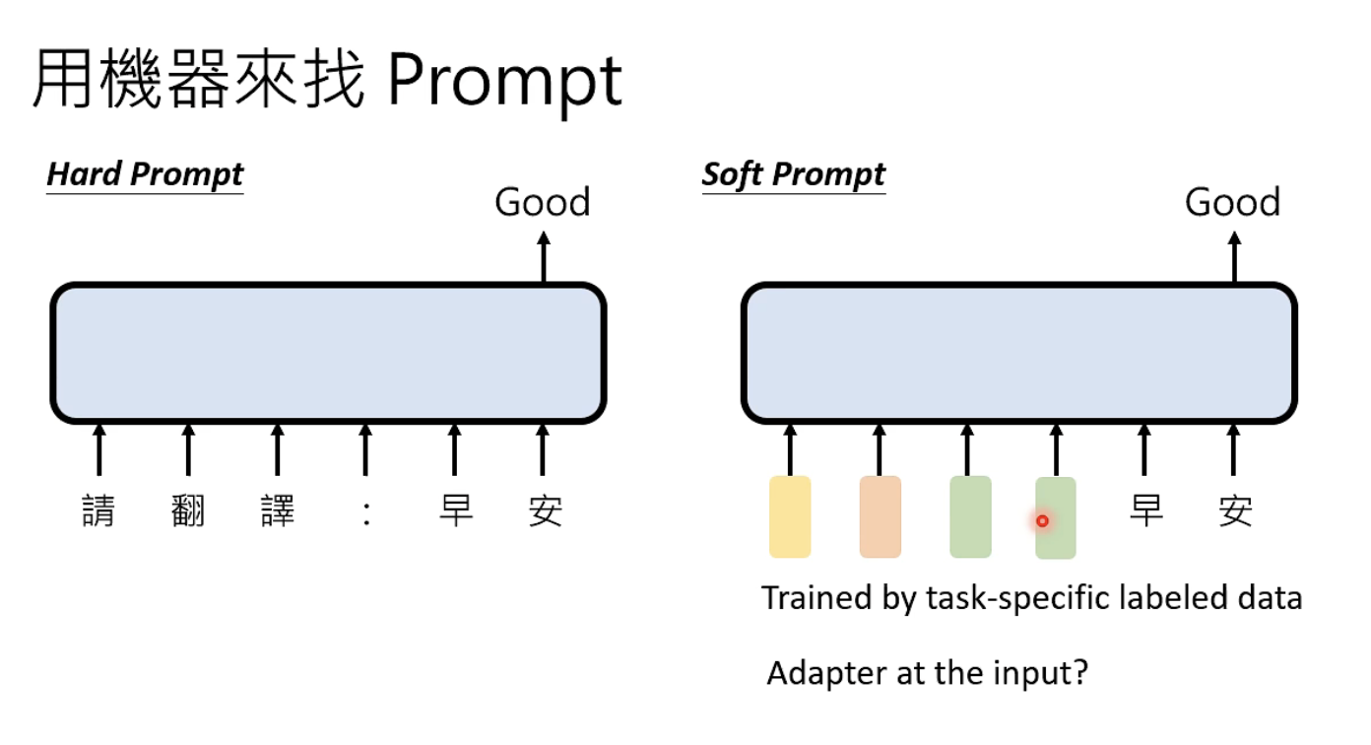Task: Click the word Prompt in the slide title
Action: coord(503,81)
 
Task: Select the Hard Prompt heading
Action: coord(145,174)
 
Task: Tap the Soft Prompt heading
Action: coord(793,174)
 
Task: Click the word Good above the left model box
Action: coord(542,202)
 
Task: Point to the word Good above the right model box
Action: coord(1232,202)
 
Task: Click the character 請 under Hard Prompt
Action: coord(98,511)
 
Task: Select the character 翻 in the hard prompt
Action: coord(187,511)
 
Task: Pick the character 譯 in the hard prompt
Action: coord(277,511)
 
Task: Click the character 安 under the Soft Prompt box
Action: coord(1234,511)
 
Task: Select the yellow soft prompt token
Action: coord(789,517)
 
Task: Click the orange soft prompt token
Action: coord(880,517)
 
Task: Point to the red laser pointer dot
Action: coord(1042,520)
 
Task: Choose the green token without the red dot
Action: coord(969,517)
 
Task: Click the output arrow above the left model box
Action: coord(543,257)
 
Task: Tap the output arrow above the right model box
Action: coord(1233,257)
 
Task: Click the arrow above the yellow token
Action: coord(790,449)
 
